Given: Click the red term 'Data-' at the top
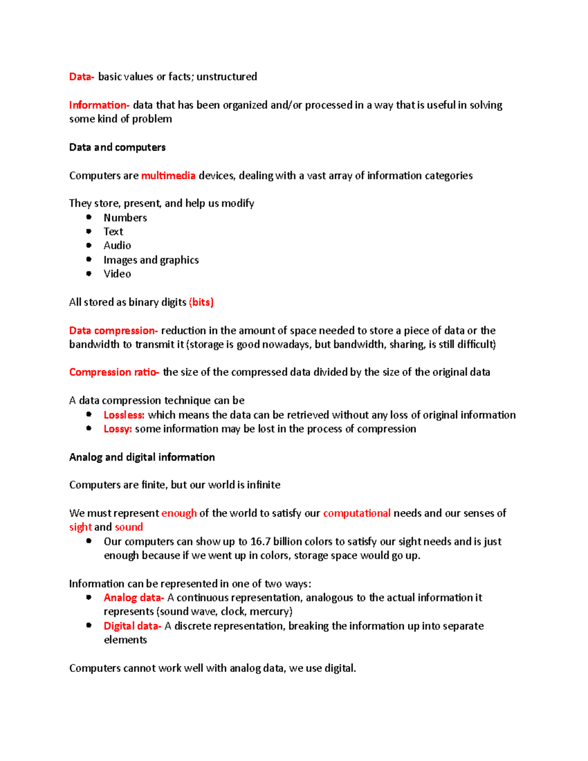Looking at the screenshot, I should click(81, 77).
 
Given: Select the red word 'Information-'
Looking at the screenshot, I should click(99, 105).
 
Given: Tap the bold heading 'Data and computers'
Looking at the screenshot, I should click(117, 147).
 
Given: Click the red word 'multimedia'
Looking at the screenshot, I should click(168, 176).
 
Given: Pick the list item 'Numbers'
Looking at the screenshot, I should click(125, 218).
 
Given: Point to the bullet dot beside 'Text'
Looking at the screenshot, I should click(89, 231).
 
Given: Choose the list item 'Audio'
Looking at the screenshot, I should click(117, 245).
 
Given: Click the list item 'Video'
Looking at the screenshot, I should click(117, 274).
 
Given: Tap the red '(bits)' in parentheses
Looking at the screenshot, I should click(201, 302).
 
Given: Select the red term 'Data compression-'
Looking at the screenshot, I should click(113, 331).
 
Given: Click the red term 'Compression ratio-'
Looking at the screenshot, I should click(114, 372).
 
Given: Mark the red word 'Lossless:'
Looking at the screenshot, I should click(124, 415).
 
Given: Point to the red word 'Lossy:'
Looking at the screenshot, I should click(118, 429).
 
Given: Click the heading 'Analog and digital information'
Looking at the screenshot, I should click(142, 457).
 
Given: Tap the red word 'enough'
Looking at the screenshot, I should click(179, 514).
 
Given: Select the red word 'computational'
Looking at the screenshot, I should click(357, 514).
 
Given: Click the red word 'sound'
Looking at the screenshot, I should click(129, 527).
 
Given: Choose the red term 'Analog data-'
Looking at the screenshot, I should click(133, 598).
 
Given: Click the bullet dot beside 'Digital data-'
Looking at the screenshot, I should click(89, 625).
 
